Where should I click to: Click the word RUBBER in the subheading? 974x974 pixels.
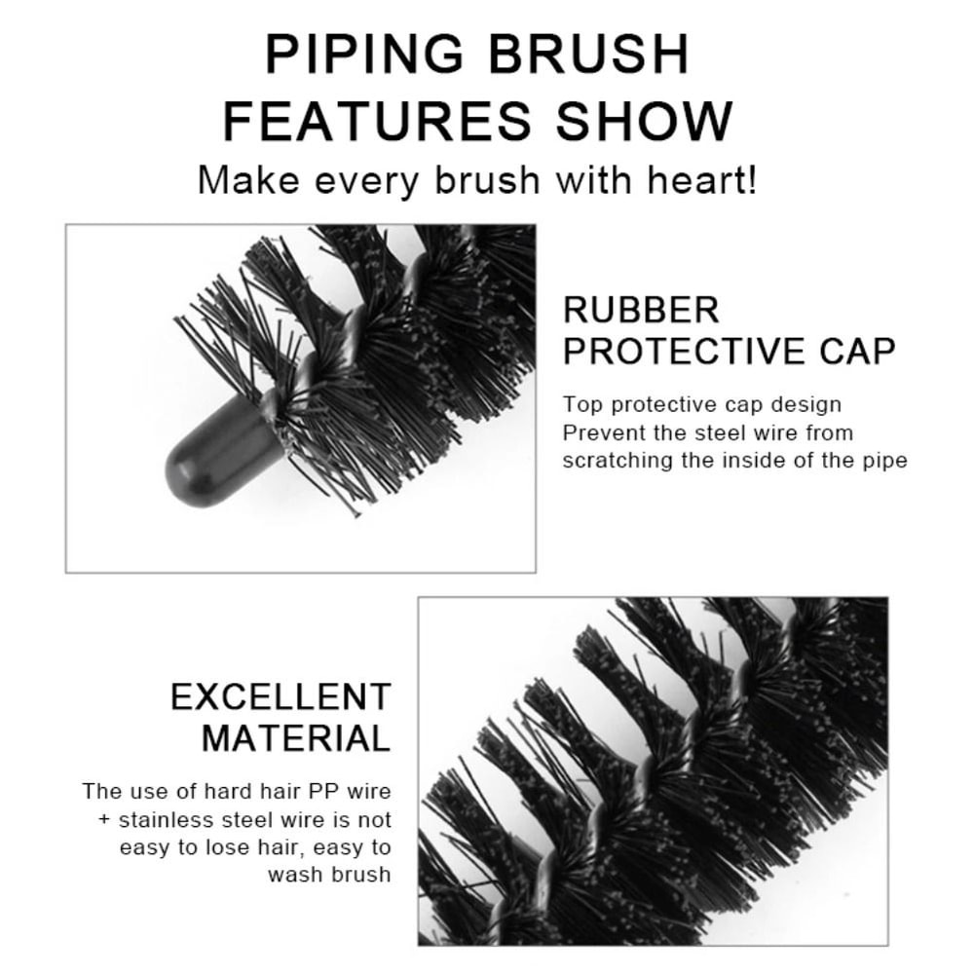coord(641,311)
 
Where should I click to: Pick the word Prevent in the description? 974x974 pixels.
coord(598,432)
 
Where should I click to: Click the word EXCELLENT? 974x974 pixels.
coord(281,697)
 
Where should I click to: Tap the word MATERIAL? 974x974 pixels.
coord(296,738)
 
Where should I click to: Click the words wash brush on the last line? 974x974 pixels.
coord(329,874)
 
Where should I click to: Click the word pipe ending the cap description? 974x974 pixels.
coord(884,461)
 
